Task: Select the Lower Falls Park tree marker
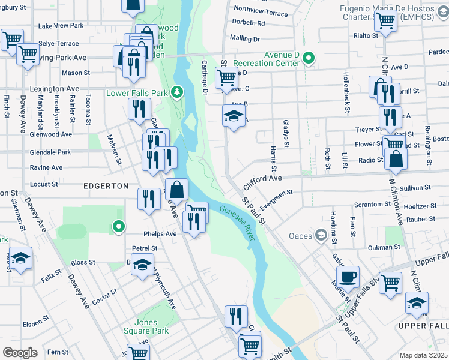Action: point(176,92)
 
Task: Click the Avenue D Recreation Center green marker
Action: point(309,58)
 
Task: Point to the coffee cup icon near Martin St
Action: point(347,277)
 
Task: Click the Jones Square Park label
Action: point(152,326)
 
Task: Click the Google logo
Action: point(20,352)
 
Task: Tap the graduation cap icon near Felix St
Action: point(21,258)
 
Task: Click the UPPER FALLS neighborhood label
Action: point(423,325)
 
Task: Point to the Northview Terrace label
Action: point(261,11)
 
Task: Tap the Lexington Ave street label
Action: point(55,88)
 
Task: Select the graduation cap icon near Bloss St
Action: point(142,265)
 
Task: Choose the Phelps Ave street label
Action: point(160,233)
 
